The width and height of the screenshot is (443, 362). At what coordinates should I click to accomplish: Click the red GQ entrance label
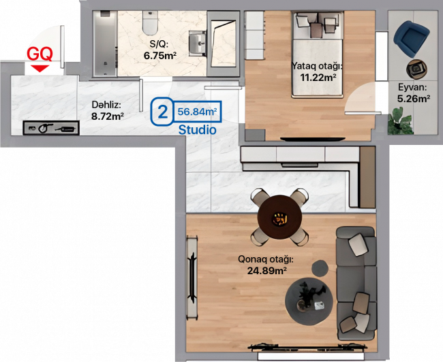[40, 54]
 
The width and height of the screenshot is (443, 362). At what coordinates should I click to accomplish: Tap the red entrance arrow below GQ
[40, 68]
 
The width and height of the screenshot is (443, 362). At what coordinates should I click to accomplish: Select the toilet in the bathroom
[150, 22]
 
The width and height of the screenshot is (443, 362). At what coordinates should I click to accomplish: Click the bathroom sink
[198, 43]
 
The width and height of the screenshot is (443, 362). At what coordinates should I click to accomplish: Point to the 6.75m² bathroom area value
[160, 56]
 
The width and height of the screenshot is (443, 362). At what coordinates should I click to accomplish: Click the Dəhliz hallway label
[106, 105]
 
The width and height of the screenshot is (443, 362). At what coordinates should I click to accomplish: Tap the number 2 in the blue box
[162, 112]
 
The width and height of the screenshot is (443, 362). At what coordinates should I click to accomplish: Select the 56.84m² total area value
[197, 112]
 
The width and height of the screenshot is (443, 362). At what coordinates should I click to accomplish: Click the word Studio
[198, 129]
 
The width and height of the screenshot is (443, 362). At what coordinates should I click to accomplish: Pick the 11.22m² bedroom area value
[318, 77]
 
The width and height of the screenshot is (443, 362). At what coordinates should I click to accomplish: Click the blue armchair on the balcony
[411, 38]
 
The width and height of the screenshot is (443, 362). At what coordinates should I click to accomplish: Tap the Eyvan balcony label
[412, 88]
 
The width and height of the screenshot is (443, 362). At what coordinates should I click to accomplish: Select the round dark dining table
[279, 217]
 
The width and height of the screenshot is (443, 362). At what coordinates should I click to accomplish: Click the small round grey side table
[320, 268]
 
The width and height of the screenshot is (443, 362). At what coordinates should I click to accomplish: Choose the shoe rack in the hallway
[51, 128]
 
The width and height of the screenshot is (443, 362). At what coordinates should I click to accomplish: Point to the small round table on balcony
[416, 69]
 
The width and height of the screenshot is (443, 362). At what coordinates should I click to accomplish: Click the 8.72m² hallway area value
[108, 116]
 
